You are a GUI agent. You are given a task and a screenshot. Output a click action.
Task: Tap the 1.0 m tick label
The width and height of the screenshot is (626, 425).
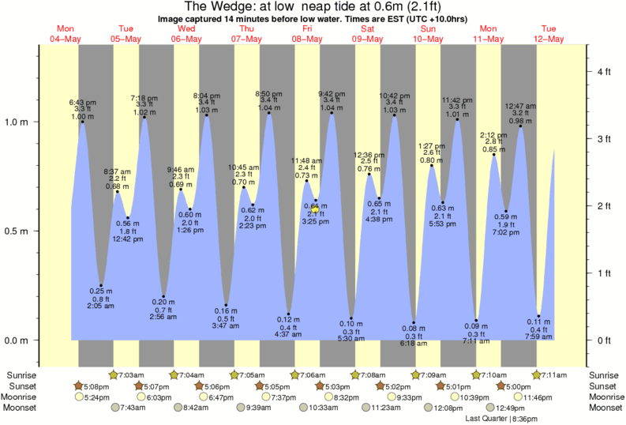point(15,122)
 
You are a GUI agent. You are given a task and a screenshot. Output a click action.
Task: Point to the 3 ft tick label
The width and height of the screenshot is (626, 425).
point(604,139)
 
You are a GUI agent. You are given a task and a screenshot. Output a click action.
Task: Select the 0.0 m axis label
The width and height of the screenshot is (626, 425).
point(15,340)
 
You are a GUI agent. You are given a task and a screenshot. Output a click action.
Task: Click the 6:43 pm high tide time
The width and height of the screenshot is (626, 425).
point(83,102)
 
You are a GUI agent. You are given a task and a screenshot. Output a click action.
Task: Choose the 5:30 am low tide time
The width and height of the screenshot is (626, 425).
point(350,339)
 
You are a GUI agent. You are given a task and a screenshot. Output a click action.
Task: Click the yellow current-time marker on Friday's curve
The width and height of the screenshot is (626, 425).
point(313,209)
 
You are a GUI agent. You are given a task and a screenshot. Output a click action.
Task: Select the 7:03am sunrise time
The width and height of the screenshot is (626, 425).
point(130,374)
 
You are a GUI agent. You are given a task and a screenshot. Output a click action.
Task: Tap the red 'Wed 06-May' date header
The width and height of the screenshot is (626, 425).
point(186,32)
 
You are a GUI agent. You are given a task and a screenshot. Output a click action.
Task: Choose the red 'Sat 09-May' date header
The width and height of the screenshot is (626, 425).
point(368,32)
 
